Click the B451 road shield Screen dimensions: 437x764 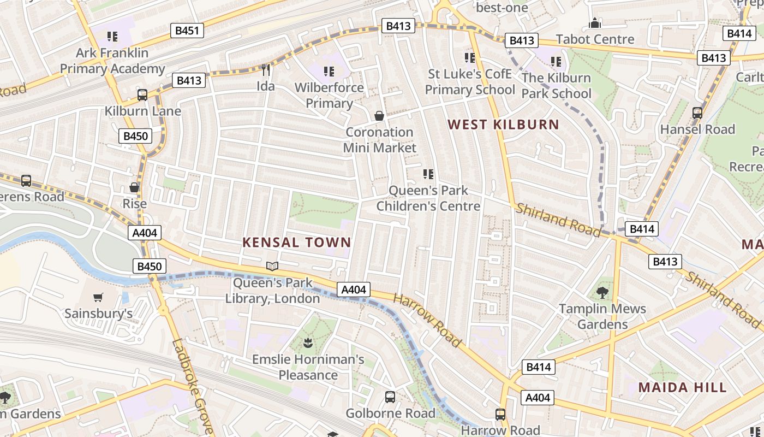(x=187, y=31)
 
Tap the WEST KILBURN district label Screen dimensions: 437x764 (x=503, y=125)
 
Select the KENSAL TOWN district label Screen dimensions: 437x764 (x=297, y=243)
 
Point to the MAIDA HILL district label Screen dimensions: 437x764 (x=682, y=388)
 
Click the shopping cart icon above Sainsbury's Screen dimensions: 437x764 (x=98, y=298)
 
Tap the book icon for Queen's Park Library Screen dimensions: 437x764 (x=272, y=267)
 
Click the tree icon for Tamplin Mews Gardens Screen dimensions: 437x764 (x=602, y=293)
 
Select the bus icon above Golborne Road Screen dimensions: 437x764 (x=390, y=397)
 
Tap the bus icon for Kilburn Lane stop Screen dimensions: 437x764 (x=142, y=95)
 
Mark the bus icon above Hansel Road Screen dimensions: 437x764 (x=697, y=113)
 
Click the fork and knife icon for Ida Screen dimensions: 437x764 (x=266, y=70)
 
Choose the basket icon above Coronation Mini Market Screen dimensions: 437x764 (x=379, y=116)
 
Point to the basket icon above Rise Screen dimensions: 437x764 (x=134, y=187)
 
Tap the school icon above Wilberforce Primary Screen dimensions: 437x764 (x=329, y=71)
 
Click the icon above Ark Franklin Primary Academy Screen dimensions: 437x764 (x=112, y=37)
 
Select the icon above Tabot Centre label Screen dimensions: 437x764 (x=595, y=23)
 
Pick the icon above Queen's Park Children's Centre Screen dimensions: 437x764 (x=428, y=174)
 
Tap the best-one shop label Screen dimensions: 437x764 (x=502, y=8)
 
